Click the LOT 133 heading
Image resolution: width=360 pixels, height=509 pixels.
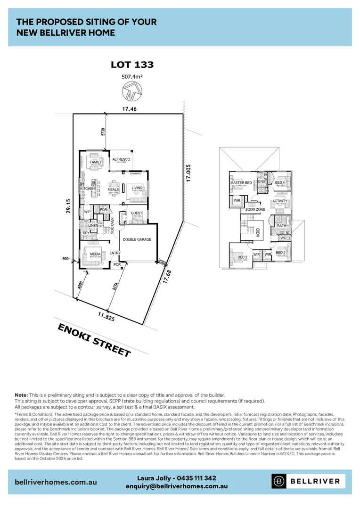click(x=132, y=65)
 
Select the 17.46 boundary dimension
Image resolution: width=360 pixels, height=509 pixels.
click(x=129, y=109)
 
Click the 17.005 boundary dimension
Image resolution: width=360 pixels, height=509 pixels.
click(x=188, y=173)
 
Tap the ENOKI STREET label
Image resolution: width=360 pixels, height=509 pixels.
click(x=94, y=340)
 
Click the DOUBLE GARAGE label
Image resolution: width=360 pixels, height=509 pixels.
click(x=137, y=239)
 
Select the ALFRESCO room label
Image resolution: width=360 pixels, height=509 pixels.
click(x=121, y=159)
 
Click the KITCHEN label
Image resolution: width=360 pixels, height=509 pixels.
click(x=88, y=189)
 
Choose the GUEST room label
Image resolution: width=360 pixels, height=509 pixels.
click(x=136, y=213)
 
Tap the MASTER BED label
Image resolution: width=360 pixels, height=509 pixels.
click(x=241, y=182)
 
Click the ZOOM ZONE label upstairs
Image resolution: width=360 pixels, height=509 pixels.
click(x=255, y=209)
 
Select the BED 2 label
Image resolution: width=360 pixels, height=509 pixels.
click(x=242, y=257)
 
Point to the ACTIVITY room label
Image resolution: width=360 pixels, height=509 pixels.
click(x=280, y=201)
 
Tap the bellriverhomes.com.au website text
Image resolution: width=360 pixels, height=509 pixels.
click(x=56, y=482)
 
